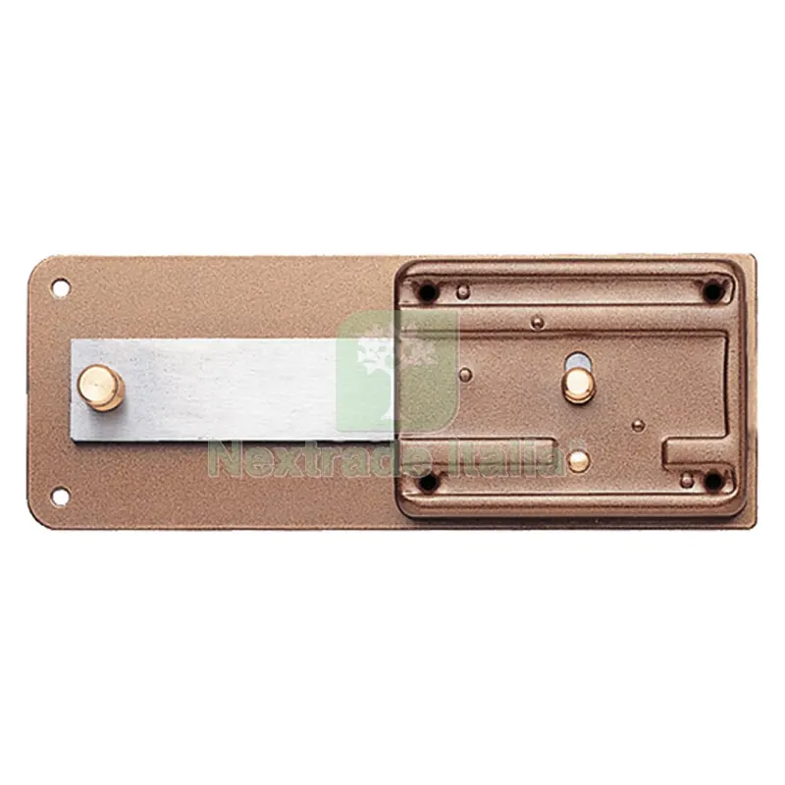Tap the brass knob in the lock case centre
click(x=579, y=386)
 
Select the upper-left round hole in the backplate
click(x=60, y=288)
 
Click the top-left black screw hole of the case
click(x=427, y=291)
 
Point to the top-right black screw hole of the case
click(x=712, y=291)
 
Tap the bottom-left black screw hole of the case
click(x=427, y=482)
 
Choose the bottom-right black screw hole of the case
click(x=713, y=482)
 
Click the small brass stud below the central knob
click(x=579, y=461)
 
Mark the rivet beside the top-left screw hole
click(x=464, y=290)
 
